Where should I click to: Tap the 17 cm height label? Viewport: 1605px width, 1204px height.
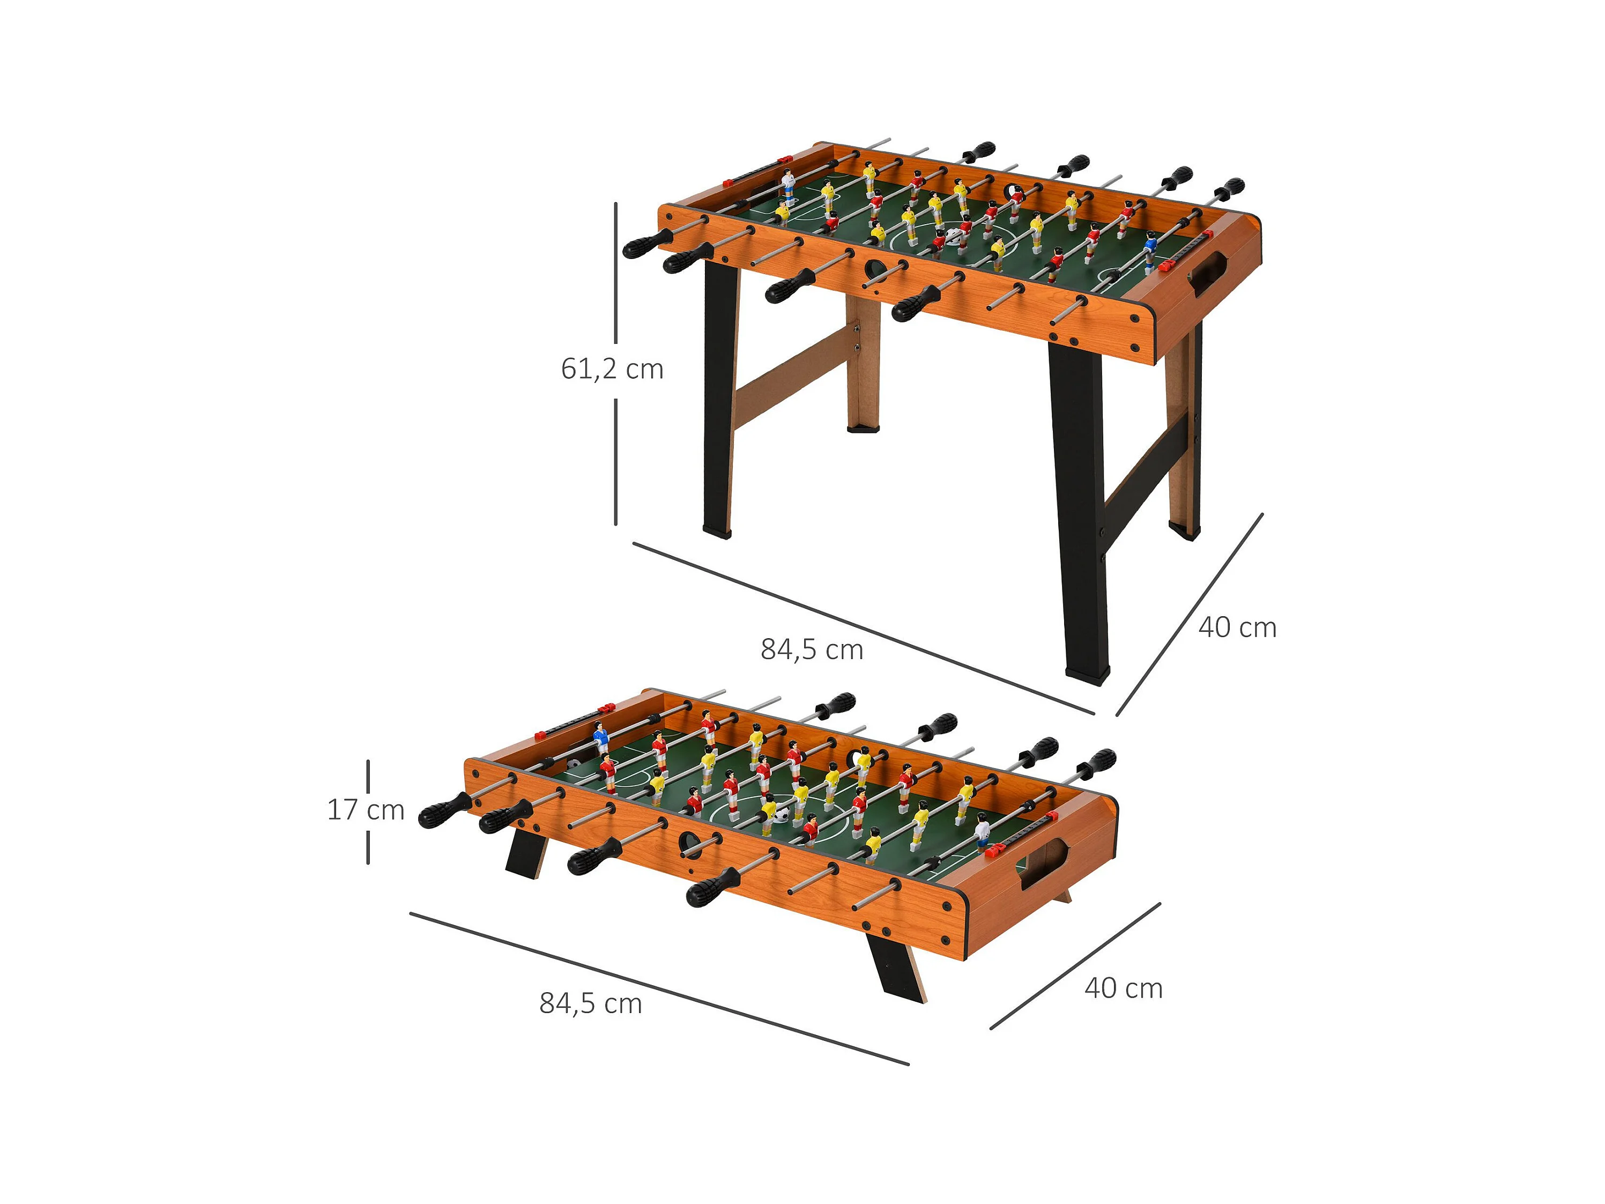coord(366,809)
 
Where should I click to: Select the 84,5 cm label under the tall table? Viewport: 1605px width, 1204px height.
coord(811,649)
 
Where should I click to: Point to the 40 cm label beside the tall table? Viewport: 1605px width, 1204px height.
coord(1237,628)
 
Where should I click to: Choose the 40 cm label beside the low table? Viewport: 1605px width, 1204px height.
coord(1123,988)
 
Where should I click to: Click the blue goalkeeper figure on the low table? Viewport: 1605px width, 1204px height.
coord(600,738)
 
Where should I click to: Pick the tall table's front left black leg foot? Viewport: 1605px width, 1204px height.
coord(717,529)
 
